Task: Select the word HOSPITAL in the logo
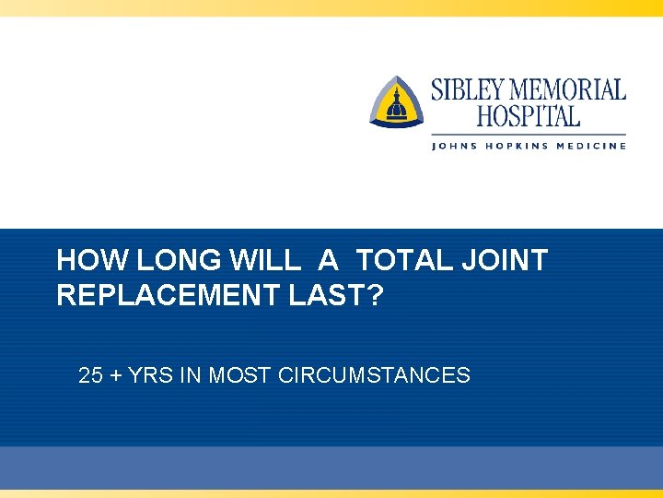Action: tap(529, 116)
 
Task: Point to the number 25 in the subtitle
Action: tap(90, 375)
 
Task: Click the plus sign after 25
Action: tap(114, 376)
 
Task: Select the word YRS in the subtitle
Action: tap(145, 375)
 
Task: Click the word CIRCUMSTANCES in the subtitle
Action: tap(374, 375)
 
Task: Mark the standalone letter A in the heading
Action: tap(328, 261)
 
